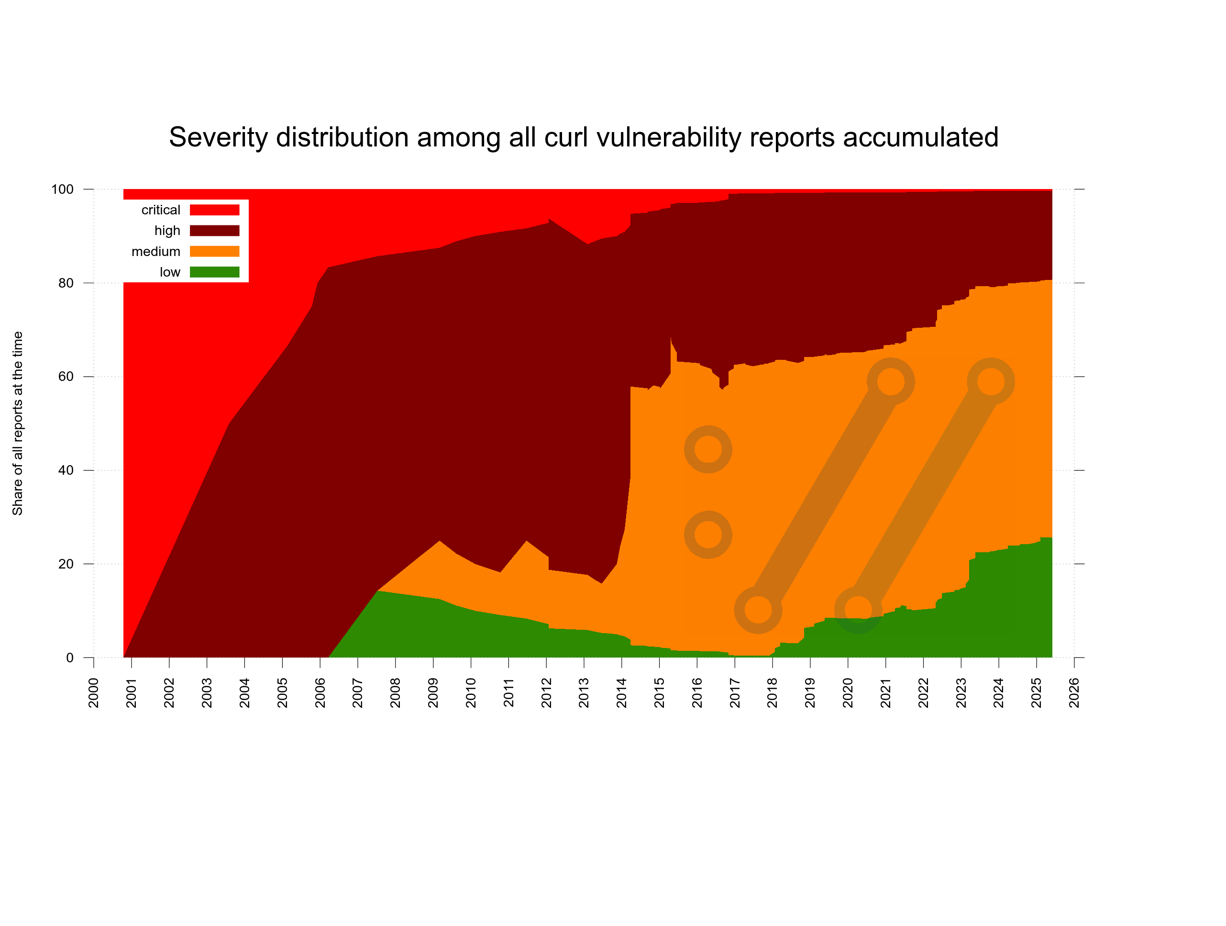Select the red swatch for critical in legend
tap(214, 210)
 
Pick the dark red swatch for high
tap(214, 231)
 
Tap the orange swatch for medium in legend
tap(214, 251)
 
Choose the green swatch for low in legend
tap(214, 272)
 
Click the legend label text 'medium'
tap(156, 252)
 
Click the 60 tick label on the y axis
tap(66, 377)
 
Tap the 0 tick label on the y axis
tap(69, 658)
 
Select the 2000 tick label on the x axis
tap(94, 692)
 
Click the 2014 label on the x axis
tap(621, 692)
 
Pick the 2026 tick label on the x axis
tap(1074, 692)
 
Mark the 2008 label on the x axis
tap(395, 692)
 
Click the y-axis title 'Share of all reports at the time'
tap(18, 423)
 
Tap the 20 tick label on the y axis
tap(66, 564)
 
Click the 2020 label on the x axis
tap(848, 692)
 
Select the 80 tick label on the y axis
tap(66, 283)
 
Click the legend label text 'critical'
tap(161, 210)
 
